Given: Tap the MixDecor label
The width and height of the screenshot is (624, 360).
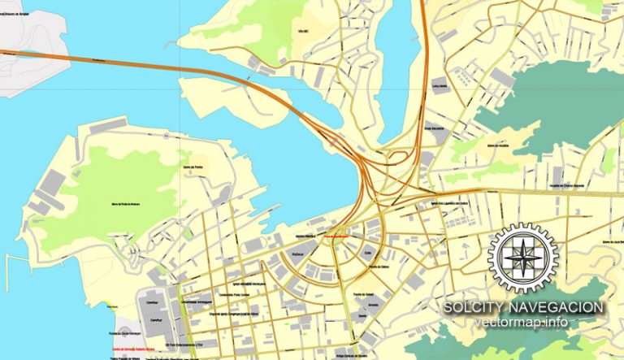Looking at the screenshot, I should tap(297, 253).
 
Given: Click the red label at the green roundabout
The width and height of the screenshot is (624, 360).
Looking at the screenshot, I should tap(336, 236).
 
